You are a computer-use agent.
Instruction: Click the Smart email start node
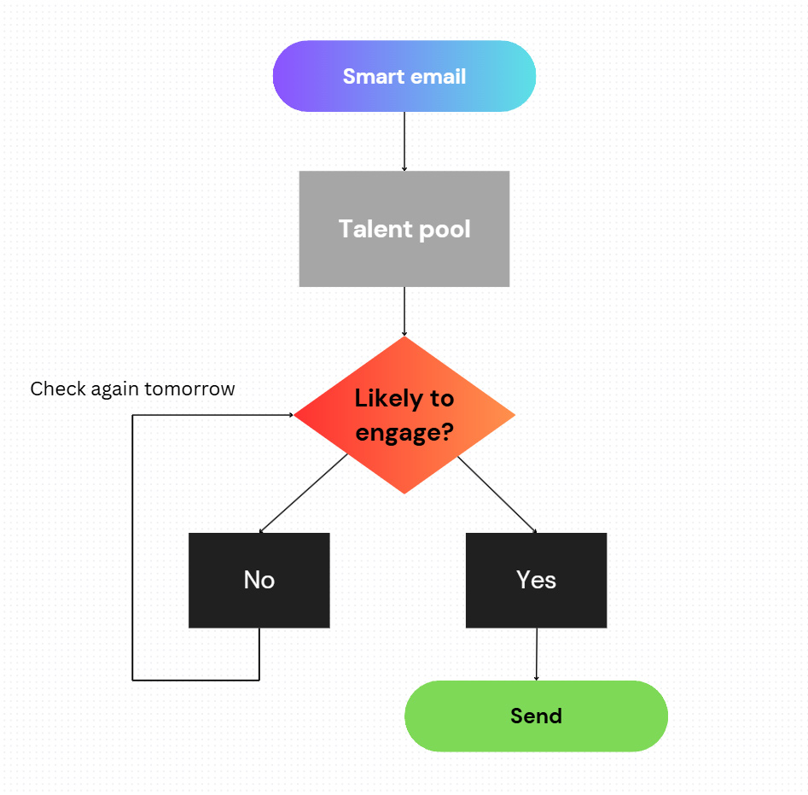(404, 76)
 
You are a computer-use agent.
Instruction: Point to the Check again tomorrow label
(132, 389)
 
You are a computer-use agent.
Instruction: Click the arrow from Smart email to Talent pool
(404, 141)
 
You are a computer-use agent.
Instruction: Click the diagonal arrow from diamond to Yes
(497, 494)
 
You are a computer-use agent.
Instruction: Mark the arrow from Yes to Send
(537, 654)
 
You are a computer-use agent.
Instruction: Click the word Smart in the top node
(369, 76)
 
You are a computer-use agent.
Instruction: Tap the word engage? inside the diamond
(404, 432)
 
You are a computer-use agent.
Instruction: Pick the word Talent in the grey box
(375, 229)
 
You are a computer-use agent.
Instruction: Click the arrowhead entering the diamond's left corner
(292, 415)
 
